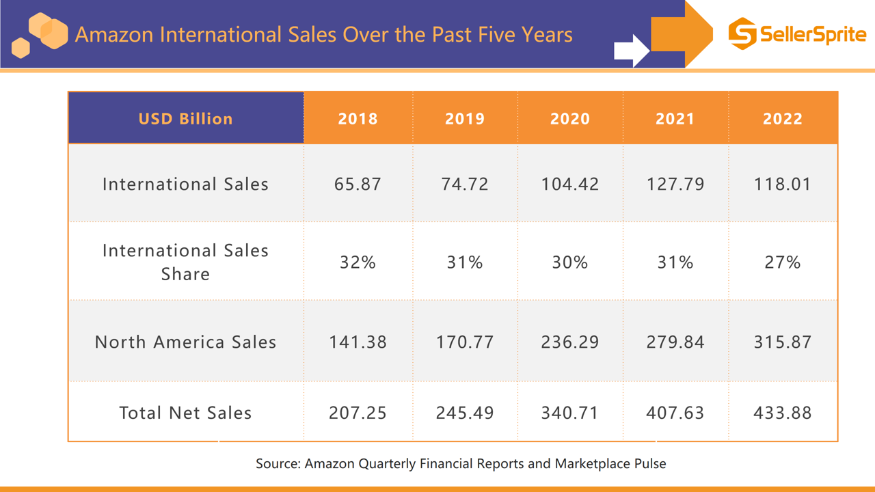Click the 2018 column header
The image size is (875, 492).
pyautogui.click(x=358, y=118)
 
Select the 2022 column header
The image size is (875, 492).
pyautogui.click(x=782, y=118)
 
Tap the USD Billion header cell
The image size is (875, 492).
pyautogui.click(x=185, y=118)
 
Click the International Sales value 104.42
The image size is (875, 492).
pyautogui.click(x=569, y=184)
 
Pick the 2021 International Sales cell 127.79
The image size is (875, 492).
pyautogui.click(x=675, y=184)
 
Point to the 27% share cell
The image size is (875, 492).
pyautogui.click(x=782, y=262)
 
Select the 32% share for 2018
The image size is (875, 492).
pyautogui.click(x=358, y=262)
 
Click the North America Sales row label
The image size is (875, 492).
pyautogui.click(x=185, y=342)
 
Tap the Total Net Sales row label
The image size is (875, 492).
pyautogui.click(x=185, y=413)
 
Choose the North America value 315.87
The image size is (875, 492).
pyautogui.click(x=782, y=342)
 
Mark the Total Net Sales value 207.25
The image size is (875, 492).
pyautogui.click(x=358, y=413)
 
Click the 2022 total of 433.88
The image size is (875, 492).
pyautogui.click(x=782, y=413)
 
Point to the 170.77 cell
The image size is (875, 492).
pyautogui.click(x=465, y=342)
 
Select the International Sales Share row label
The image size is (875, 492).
pyautogui.click(x=185, y=262)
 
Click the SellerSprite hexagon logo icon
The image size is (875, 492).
pyautogui.click(x=742, y=33)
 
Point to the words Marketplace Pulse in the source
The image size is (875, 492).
pyautogui.click(x=610, y=463)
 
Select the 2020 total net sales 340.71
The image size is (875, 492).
pyautogui.click(x=569, y=413)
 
